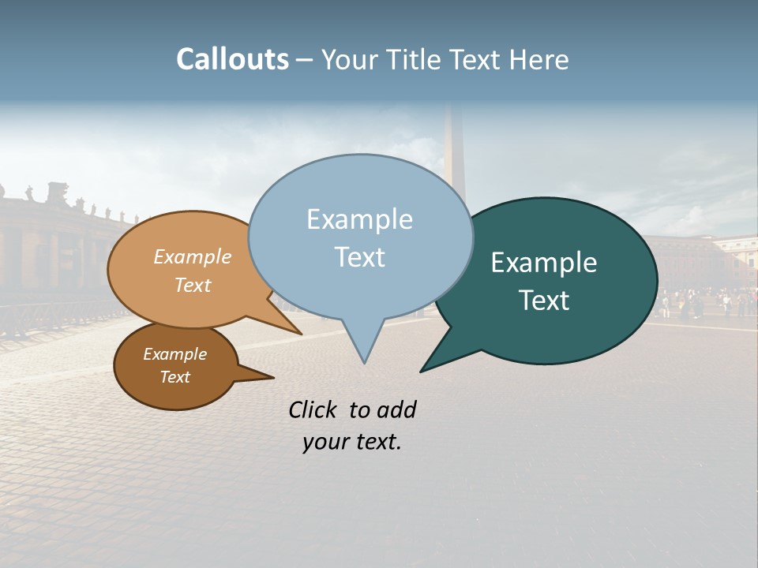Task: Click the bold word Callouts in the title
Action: pyautogui.click(x=232, y=59)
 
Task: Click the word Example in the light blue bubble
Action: pyautogui.click(x=359, y=219)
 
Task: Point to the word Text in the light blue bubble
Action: pyautogui.click(x=359, y=257)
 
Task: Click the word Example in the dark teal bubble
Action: pyautogui.click(x=544, y=263)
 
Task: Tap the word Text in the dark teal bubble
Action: pyautogui.click(x=544, y=301)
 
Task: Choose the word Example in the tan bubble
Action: pyautogui.click(x=193, y=256)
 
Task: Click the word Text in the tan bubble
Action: pyautogui.click(x=193, y=285)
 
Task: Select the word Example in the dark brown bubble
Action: pyautogui.click(x=174, y=354)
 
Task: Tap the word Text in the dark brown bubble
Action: pyautogui.click(x=174, y=377)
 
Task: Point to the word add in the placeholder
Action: pyautogui.click(x=397, y=409)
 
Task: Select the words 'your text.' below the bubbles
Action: pyautogui.click(x=352, y=443)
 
